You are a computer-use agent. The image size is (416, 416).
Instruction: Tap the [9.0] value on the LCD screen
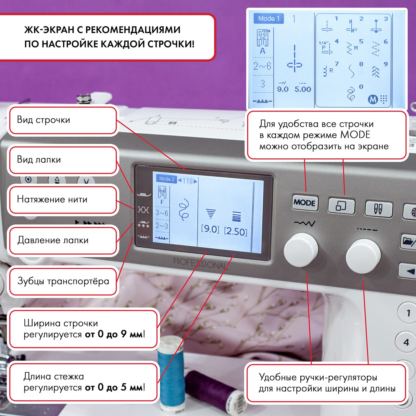[x=210, y=229]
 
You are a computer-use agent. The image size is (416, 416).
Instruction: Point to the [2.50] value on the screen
[x=235, y=231]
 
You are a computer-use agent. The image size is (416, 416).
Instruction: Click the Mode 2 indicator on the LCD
[x=166, y=179]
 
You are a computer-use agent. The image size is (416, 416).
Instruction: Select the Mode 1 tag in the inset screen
[x=268, y=19]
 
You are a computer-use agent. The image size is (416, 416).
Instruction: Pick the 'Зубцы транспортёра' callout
[x=63, y=281]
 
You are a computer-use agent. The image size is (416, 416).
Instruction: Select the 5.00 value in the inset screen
[x=303, y=89]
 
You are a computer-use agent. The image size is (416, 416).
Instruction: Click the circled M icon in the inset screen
[x=373, y=99]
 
